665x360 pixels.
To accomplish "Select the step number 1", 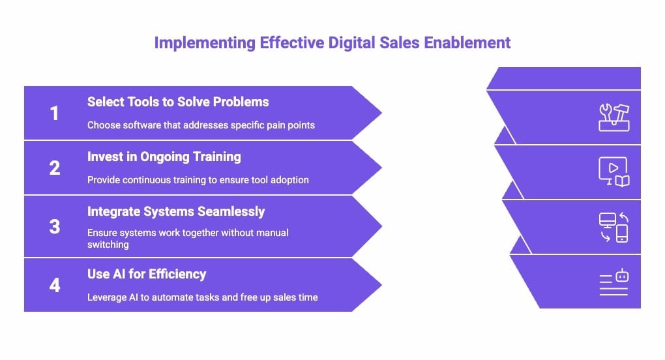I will point(54,113).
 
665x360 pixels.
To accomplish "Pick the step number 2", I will point(54,168).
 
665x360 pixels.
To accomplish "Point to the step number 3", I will point(54,226).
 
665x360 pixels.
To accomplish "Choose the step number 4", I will point(54,285).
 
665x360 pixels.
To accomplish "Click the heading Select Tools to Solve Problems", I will point(178,102).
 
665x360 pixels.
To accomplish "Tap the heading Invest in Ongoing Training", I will point(164,157).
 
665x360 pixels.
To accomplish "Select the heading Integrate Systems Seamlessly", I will point(176,211).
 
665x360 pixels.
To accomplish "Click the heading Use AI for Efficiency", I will point(147,274).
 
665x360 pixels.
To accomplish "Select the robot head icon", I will point(621,277).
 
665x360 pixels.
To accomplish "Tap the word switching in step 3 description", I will point(108,245).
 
